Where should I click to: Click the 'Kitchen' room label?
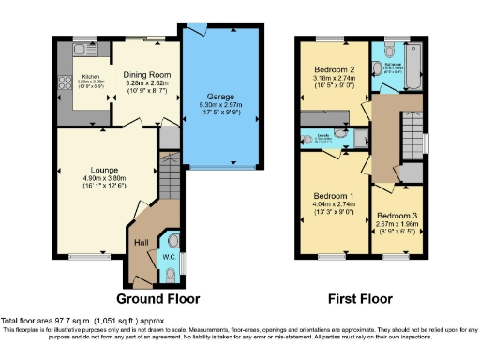[91, 77]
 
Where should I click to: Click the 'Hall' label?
[142, 242]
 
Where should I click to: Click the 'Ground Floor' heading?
[159, 299]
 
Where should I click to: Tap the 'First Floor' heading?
[360, 299]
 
